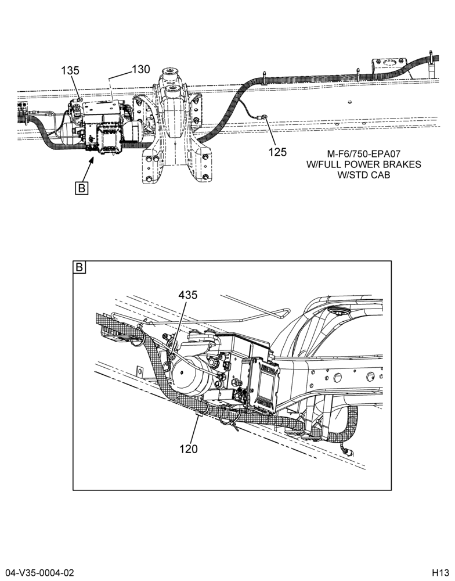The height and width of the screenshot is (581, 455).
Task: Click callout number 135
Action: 70,70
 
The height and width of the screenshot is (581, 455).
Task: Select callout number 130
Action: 141,69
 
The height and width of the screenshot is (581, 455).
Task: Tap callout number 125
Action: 277,152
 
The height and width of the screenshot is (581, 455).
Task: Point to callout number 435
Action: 188,295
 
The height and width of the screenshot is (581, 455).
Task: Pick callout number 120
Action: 189,449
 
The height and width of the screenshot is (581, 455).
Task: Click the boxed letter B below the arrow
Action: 81,188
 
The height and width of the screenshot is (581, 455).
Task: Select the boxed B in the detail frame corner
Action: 80,267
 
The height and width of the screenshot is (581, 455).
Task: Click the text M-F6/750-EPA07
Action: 363,154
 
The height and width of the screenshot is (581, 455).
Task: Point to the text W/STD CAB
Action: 363,175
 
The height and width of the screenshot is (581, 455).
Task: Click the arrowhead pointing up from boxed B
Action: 92,160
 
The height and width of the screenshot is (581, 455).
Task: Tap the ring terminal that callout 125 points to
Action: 265,117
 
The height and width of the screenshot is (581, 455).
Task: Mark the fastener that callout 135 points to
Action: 80,99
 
